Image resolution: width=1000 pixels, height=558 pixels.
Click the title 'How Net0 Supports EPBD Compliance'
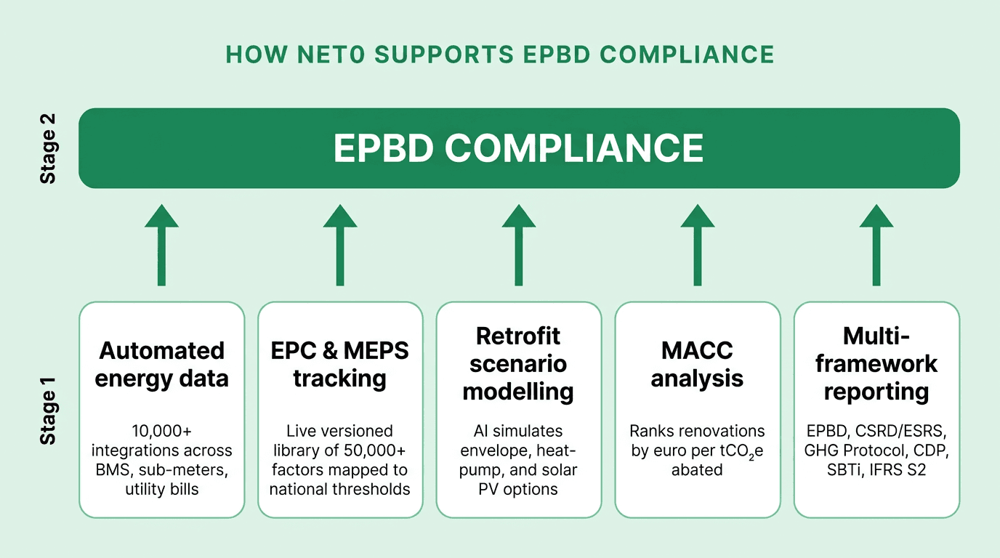(x=500, y=54)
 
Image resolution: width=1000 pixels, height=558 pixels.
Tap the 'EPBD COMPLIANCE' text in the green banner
(x=518, y=148)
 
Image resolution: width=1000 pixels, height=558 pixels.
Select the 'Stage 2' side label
(x=48, y=148)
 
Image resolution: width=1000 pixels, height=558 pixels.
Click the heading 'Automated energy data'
(x=161, y=365)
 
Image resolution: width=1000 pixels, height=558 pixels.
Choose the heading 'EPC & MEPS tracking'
(x=340, y=365)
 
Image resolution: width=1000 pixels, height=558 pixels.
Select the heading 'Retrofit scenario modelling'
(x=518, y=364)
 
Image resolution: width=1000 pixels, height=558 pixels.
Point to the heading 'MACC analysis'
(x=697, y=365)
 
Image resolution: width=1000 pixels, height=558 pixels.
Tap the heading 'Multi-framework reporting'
(x=876, y=364)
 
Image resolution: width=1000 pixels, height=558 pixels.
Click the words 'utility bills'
(x=161, y=489)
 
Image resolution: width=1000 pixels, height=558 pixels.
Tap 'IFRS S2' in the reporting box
(x=901, y=470)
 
